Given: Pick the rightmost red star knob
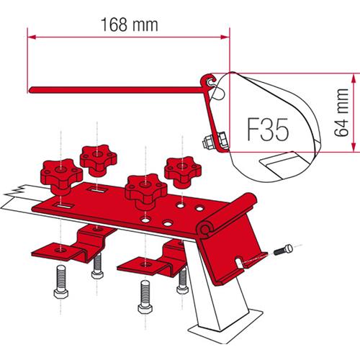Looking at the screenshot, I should click(x=179, y=168).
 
